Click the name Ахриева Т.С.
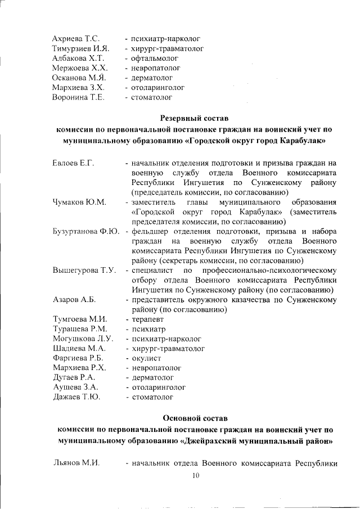tap(75, 39)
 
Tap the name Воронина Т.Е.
tap(78, 97)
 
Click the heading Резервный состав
tap(195, 119)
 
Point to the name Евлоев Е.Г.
tap(73, 163)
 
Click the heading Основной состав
tap(195, 418)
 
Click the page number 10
tap(196, 476)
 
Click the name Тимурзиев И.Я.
tap(80, 49)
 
